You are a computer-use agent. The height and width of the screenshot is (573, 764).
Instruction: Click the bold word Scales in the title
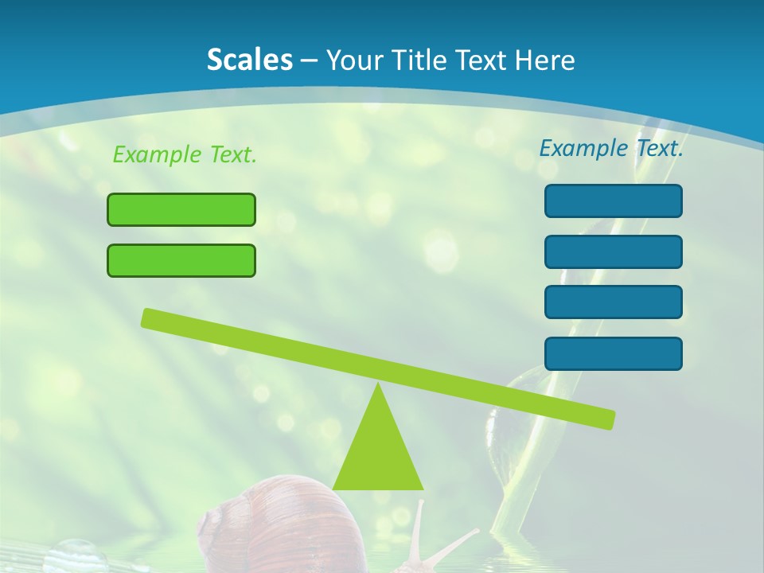click(x=249, y=60)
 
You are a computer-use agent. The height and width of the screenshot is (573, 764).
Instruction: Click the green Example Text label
click(x=185, y=154)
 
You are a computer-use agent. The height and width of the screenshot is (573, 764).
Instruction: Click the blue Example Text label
click(x=611, y=148)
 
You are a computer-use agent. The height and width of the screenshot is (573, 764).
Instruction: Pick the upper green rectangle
click(x=181, y=209)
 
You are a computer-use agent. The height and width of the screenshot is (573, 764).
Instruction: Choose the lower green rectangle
click(x=181, y=260)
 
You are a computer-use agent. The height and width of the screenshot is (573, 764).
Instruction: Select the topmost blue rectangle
click(x=613, y=201)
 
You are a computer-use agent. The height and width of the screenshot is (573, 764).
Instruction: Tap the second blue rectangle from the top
click(x=613, y=251)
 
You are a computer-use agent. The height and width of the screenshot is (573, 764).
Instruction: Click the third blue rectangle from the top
click(x=613, y=302)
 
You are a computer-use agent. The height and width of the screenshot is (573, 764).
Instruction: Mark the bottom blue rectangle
click(x=613, y=353)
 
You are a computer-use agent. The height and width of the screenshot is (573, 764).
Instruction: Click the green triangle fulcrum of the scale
click(x=378, y=450)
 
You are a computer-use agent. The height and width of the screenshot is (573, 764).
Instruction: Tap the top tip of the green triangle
click(x=379, y=386)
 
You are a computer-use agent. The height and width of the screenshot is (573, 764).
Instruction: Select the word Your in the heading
click(x=353, y=60)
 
